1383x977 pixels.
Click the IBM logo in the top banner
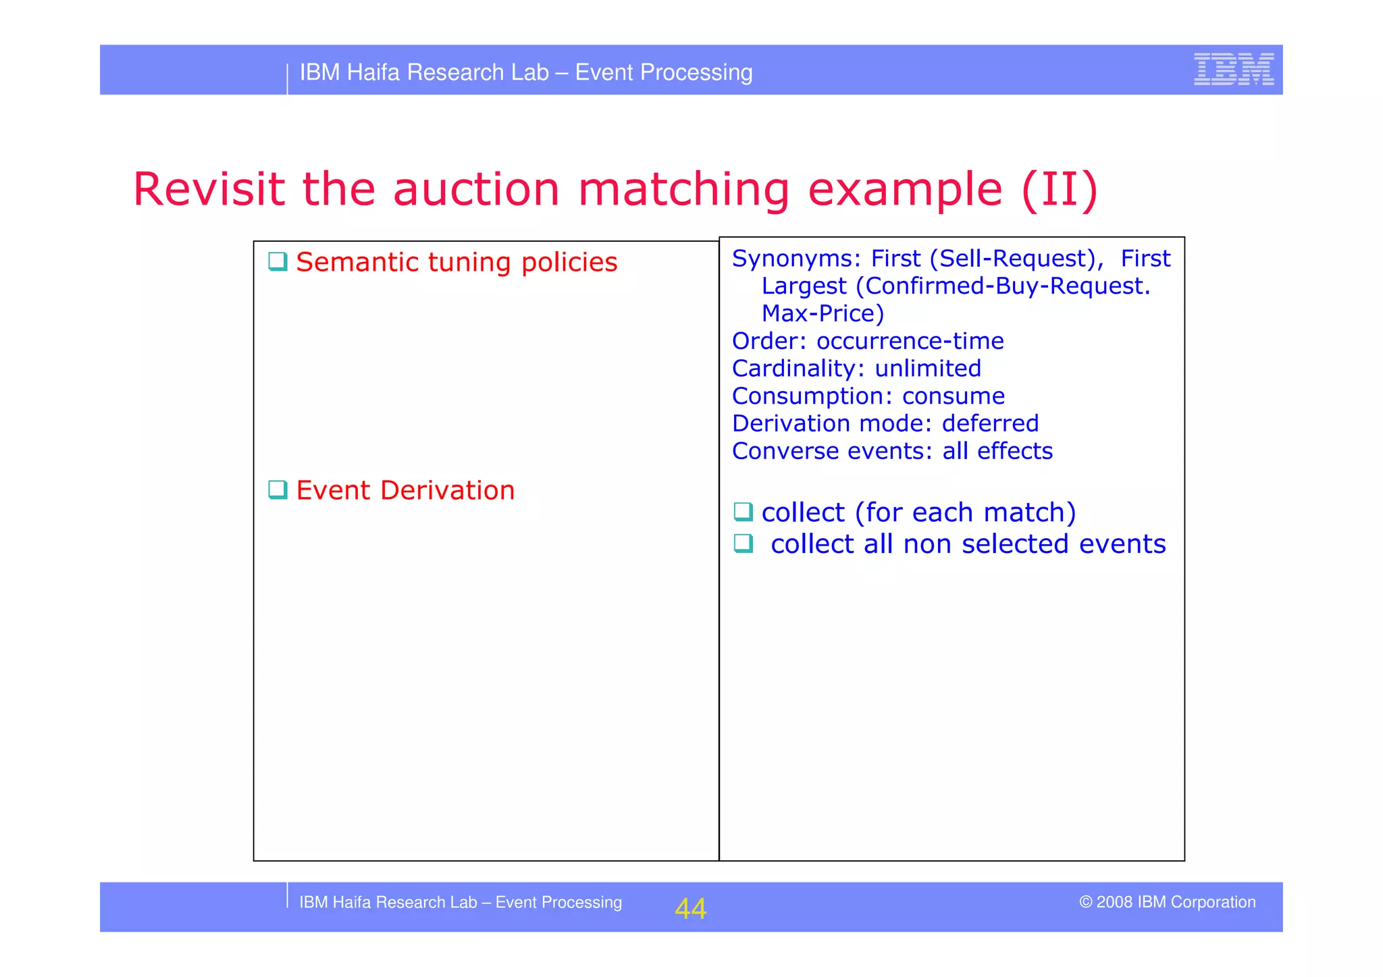(x=1233, y=70)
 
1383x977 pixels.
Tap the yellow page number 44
(x=690, y=909)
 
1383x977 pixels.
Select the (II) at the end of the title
(x=1060, y=190)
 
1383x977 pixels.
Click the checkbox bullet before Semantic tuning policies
(x=278, y=261)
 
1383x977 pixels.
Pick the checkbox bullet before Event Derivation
(x=278, y=490)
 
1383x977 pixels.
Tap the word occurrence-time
(x=910, y=341)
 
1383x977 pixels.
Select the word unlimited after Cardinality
(x=927, y=369)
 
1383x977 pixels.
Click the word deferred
(x=990, y=423)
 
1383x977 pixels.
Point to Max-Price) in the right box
(x=823, y=313)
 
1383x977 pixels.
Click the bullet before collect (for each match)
(x=743, y=512)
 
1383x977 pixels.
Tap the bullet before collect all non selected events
(x=743, y=543)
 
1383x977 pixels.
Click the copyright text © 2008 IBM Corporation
(x=1167, y=902)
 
